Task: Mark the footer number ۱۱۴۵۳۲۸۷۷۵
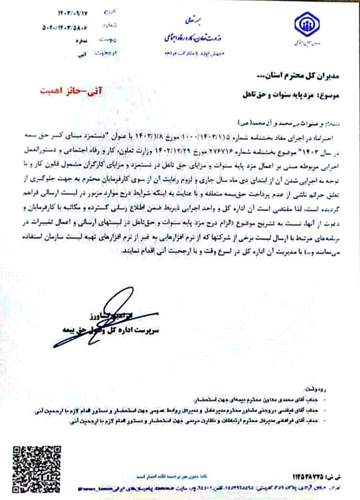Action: tap(315, 477)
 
